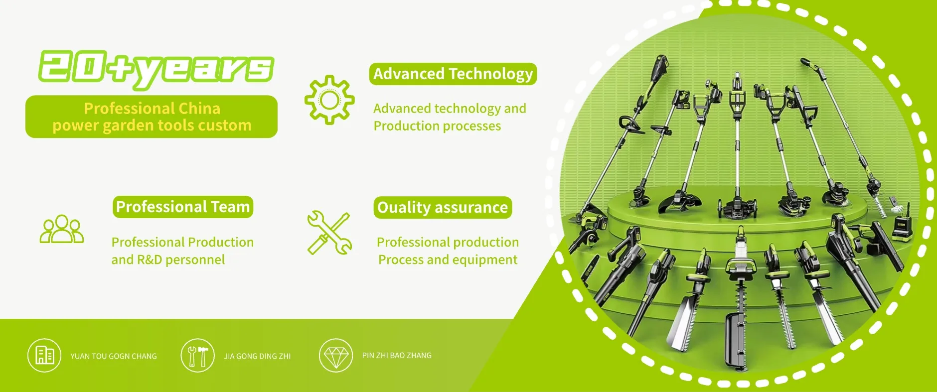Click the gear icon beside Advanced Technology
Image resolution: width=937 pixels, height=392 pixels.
pyautogui.click(x=329, y=100)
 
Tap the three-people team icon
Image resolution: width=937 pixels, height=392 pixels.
pyautogui.click(x=62, y=229)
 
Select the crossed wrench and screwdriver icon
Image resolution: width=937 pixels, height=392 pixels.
pyautogui.click(x=329, y=233)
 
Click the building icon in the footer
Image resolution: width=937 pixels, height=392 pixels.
pyautogui.click(x=44, y=356)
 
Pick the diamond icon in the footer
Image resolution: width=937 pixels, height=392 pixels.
pyautogui.click(x=336, y=356)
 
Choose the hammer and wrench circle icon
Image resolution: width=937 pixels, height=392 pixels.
pyautogui.click(x=197, y=356)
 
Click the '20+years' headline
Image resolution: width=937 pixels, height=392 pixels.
pyautogui.click(x=156, y=68)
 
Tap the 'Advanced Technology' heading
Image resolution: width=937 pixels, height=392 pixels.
pyautogui.click(x=453, y=74)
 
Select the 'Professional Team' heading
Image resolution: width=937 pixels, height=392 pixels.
pyautogui.click(x=183, y=207)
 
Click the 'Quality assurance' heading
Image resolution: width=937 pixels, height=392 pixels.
pyautogui.click(x=443, y=207)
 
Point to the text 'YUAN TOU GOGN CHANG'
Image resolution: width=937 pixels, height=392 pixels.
pyautogui.click(x=114, y=356)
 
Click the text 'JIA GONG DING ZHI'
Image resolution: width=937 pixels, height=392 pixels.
pyautogui.click(x=257, y=356)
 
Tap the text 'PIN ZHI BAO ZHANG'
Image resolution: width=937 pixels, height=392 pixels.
pyautogui.click(x=397, y=355)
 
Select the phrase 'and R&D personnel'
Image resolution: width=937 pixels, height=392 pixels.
pyautogui.click(x=168, y=260)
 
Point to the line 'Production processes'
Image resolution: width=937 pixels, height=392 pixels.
pyautogui.click(x=437, y=126)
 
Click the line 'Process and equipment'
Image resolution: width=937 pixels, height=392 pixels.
pyautogui.click(x=448, y=260)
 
